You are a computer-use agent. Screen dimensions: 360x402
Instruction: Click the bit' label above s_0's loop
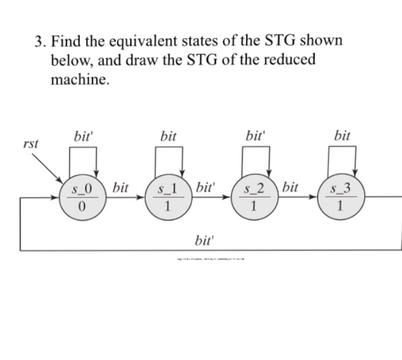coord(83,136)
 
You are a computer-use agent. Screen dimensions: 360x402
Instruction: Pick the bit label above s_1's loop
coord(168,136)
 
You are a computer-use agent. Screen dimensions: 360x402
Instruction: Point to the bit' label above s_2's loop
coord(254,136)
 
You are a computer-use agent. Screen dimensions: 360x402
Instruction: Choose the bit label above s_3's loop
coord(342,136)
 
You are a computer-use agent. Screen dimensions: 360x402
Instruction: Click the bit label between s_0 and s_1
coord(121,187)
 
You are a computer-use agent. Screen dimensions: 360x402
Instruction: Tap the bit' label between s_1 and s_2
coord(205,187)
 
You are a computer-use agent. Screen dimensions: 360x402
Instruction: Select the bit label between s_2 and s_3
coord(291,187)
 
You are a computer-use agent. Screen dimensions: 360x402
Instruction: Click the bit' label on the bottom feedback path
coord(204,239)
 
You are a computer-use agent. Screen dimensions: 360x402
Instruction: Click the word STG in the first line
coord(281,41)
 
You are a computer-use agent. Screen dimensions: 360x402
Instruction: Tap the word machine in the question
coord(79,80)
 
